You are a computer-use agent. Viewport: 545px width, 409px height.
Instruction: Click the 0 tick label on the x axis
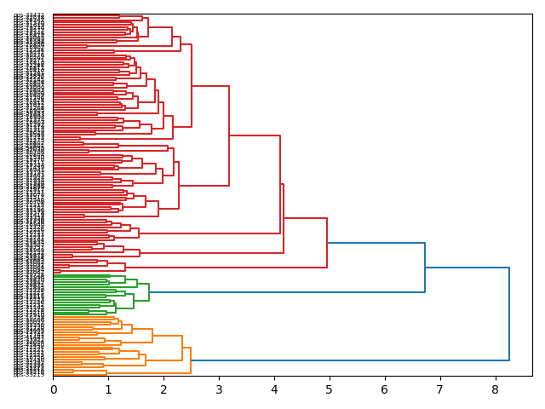click(53, 389)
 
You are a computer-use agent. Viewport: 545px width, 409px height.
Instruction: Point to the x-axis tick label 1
click(108, 389)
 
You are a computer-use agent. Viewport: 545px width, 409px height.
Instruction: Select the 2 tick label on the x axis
click(163, 389)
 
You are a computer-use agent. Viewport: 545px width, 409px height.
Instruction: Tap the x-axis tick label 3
click(219, 389)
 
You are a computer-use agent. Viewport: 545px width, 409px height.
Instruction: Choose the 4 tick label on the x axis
click(274, 389)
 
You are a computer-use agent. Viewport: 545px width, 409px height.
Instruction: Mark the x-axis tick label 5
click(329, 389)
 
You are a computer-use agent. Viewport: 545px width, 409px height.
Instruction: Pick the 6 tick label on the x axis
click(384, 389)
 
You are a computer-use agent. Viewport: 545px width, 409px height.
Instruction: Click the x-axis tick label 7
click(439, 389)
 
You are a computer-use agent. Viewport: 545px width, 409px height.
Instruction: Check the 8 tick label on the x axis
click(495, 389)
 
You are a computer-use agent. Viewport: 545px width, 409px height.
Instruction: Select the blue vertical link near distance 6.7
click(425, 268)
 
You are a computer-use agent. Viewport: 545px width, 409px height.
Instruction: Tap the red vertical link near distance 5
click(327, 243)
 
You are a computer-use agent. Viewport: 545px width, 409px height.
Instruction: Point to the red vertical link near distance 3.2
click(229, 135)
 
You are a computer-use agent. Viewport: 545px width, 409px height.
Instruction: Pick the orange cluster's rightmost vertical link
click(191, 360)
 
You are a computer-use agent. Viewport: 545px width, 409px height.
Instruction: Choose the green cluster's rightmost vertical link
click(149, 292)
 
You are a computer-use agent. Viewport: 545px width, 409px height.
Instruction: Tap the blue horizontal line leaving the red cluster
click(376, 243)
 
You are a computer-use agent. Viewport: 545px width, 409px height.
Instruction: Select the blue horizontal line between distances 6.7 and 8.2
click(467, 268)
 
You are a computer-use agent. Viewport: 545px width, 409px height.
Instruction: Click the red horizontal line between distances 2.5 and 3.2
click(210, 86)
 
